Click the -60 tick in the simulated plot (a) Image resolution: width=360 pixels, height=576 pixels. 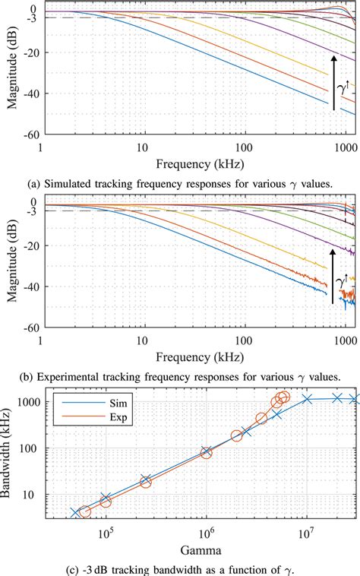click(29, 135)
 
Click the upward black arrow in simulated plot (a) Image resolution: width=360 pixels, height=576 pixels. click(333, 82)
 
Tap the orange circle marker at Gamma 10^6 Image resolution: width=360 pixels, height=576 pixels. click(206, 453)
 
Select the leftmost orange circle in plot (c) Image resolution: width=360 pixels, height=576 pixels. click(85, 511)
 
